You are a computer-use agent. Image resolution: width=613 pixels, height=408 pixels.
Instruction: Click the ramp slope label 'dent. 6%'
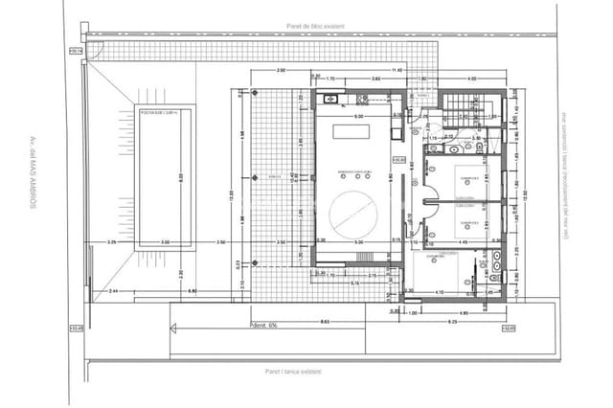coord(264,324)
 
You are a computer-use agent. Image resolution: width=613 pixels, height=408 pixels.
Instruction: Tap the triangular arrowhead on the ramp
coord(173,329)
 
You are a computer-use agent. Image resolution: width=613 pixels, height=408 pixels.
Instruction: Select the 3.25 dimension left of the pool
coord(112,242)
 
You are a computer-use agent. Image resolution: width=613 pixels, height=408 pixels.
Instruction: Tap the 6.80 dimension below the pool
coord(192,290)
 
